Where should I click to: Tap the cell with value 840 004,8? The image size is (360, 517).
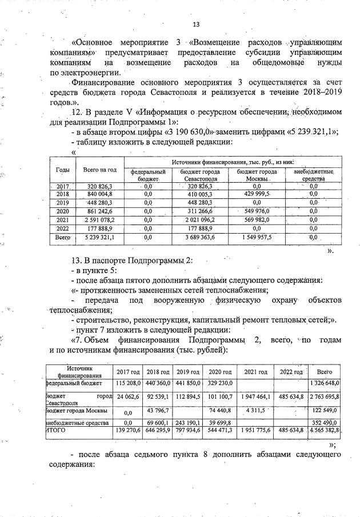coord(100,194)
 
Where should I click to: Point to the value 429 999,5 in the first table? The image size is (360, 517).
coord(257,194)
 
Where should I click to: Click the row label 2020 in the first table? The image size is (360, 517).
coord(62,211)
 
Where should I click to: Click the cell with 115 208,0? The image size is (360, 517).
coord(128,383)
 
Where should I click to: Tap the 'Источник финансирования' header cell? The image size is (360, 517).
coord(79,372)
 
